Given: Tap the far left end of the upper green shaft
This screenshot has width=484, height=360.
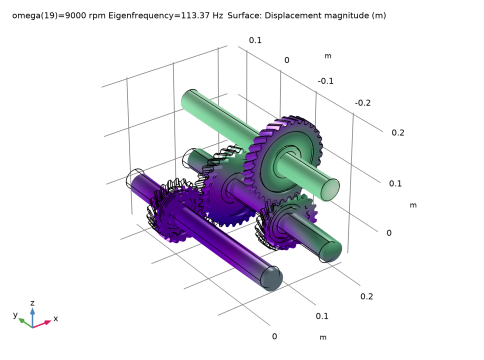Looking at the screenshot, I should click(x=188, y=100).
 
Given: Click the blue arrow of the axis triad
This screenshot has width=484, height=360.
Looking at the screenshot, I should click(x=32, y=313).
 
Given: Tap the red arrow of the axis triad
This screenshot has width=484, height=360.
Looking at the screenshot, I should click(x=44, y=323).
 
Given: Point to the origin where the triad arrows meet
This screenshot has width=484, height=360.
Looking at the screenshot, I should click(x=33, y=323).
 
